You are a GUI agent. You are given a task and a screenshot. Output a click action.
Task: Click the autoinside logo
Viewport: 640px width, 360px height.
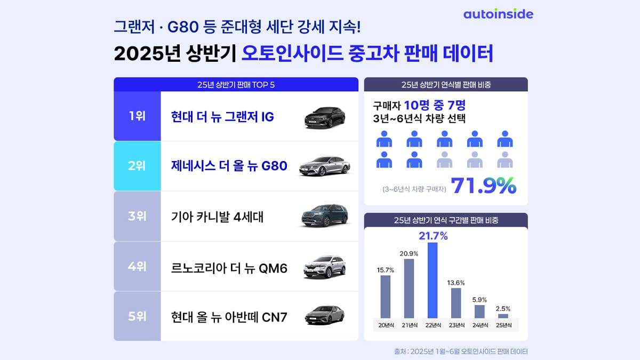[x=498, y=14]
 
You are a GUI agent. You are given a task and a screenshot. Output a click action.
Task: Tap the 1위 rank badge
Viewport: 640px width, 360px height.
[x=137, y=116]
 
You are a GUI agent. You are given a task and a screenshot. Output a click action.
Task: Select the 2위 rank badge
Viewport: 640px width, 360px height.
[x=137, y=166]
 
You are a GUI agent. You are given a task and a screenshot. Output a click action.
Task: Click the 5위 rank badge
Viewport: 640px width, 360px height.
[x=137, y=316]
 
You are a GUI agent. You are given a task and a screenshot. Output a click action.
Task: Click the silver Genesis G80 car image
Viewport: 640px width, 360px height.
[x=325, y=166]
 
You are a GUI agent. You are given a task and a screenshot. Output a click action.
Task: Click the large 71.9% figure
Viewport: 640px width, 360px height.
[x=484, y=186]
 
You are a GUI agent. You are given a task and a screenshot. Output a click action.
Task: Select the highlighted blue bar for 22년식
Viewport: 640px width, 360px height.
[x=433, y=281]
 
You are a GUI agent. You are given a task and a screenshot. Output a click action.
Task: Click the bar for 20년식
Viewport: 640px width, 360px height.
[x=386, y=297]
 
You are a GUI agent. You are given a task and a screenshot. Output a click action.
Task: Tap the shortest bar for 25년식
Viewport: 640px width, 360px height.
[x=503, y=316]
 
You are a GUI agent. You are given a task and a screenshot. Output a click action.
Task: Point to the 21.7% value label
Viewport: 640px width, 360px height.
[x=433, y=236]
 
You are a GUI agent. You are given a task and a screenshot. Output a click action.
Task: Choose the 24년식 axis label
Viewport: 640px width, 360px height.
[x=479, y=325]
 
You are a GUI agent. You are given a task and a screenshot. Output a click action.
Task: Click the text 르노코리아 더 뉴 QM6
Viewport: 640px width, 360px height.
[x=229, y=267]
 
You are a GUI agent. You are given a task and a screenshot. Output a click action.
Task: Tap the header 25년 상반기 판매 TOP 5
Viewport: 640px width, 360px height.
[x=236, y=84]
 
